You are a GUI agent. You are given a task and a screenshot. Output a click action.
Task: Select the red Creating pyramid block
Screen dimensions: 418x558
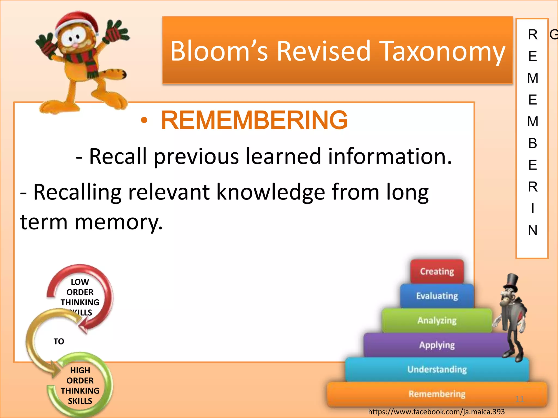pyautogui.click(x=437, y=271)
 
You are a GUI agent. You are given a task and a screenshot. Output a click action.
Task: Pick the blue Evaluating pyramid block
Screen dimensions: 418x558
pyautogui.click(x=437, y=296)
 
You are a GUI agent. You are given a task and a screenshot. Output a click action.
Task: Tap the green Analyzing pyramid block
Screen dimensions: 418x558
pyautogui.click(x=437, y=320)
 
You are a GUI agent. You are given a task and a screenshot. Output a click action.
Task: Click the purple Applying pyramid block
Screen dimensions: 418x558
pyautogui.click(x=437, y=345)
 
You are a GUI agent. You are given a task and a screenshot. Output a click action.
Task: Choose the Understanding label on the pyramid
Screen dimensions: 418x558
pyautogui.click(x=437, y=369)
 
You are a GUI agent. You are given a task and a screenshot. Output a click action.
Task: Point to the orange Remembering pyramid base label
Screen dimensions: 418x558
pyautogui.click(x=437, y=394)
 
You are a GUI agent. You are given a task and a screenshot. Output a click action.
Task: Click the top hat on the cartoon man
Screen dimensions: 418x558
pyautogui.click(x=511, y=282)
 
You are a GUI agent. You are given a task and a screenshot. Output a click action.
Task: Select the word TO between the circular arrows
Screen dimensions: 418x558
pyautogui.click(x=59, y=341)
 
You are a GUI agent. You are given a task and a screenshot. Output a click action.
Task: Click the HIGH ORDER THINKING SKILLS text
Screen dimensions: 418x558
pyautogui.click(x=80, y=385)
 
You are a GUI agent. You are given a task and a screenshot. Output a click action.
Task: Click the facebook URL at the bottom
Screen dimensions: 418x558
pyautogui.click(x=436, y=412)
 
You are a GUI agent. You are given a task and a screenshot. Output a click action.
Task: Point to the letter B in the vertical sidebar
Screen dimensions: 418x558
pyautogui.click(x=533, y=143)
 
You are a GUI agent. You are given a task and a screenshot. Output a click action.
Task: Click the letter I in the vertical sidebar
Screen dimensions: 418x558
pyautogui.click(x=533, y=208)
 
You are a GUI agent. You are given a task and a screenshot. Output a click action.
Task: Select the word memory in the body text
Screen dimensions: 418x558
pyautogui.click(x=119, y=222)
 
